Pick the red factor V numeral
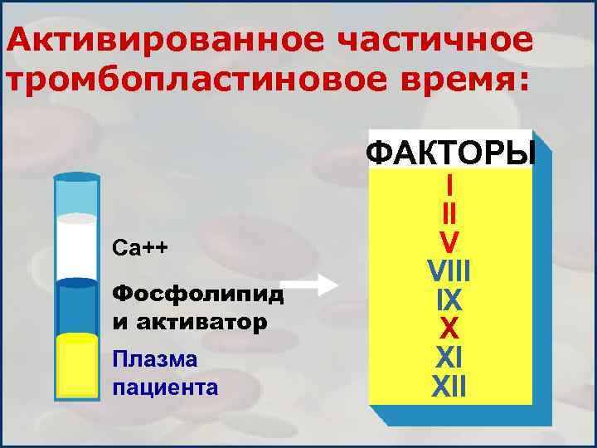point(449,243)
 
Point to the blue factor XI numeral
point(449,357)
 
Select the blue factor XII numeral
point(449,385)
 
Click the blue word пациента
point(164,386)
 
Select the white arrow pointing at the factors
point(316,286)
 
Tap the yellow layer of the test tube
point(77,369)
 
